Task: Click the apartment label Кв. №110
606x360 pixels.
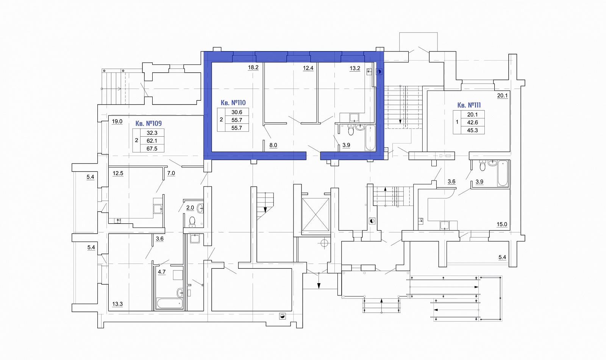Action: click(x=233, y=103)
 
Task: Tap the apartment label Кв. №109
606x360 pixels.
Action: click(x=148, y=124)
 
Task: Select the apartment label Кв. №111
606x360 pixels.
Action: click(x=469, y=105)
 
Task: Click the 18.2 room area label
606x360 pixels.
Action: click(x=253, y=67)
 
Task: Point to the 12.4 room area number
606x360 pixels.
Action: click(x=308, y=68)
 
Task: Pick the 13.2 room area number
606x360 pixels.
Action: click(x=355, y=69)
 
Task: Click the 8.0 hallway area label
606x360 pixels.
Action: click(x=273, y=145)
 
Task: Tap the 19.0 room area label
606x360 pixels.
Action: click(x=117, y=122)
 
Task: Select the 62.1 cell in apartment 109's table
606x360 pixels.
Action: click(x=152, y=141)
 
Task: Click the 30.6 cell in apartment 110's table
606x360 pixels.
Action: click(x=237, y=112)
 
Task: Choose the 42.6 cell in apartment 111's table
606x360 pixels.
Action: click(x=472, y=123)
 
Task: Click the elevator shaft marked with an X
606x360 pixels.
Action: click(x=315, y=215)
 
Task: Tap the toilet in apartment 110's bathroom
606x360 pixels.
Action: click(x=351, y=130)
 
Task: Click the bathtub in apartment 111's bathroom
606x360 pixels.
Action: click(x=503, y=173)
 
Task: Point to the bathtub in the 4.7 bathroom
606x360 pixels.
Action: click(x=170, y=303)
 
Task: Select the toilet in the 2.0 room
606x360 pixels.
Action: click(x=192, y=221)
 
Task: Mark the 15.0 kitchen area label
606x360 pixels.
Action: click(x=502, y=224)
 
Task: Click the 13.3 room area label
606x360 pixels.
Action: click(x=117, y=304)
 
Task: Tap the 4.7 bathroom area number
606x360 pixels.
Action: click(x=162, y=272)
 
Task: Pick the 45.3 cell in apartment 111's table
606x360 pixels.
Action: click(x=472, y=130)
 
